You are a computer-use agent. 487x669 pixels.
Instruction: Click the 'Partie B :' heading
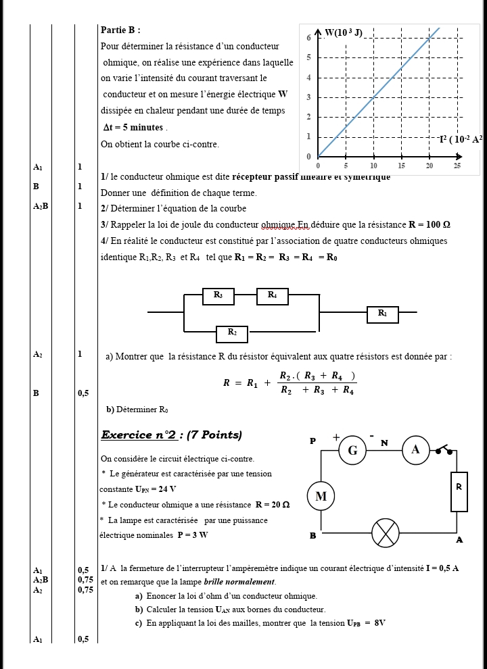[120, 30]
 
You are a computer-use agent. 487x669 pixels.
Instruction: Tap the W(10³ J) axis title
[344, 32]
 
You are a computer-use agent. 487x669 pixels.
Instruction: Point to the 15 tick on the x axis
[401, 166]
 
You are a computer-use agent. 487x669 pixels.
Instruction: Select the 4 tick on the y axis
[308, 77]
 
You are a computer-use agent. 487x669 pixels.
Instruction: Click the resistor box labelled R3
[218, 295]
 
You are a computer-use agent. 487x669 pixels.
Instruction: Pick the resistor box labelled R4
[272, 295]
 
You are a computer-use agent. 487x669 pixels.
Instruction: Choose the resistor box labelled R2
[232, 333]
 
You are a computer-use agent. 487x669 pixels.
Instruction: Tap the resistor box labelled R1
[383, 314]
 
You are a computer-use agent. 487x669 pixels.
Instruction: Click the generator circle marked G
[352, 451]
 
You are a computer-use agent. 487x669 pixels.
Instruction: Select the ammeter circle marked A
[415, 450]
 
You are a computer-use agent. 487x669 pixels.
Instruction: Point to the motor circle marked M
[321, 497]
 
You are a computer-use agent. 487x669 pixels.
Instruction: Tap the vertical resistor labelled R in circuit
[459, 491]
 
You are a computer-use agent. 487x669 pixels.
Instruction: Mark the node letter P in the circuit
[312, 441]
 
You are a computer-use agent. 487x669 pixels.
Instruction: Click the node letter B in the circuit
[312, 535]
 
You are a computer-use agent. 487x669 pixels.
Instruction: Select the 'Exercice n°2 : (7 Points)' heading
[171, 435]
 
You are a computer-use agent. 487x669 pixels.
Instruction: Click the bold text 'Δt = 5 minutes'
[133, 128]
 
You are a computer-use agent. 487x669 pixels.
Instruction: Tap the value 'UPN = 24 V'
[156, 489]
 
